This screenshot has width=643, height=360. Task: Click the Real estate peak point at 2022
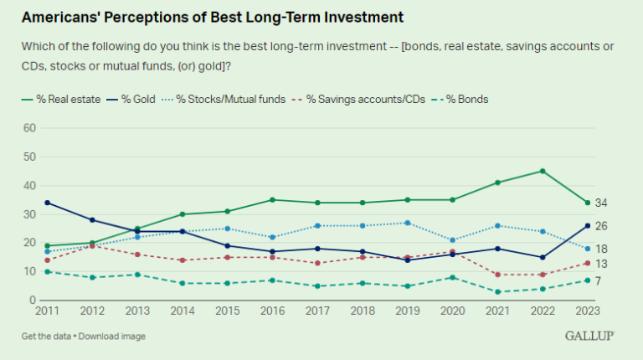pos(543,171)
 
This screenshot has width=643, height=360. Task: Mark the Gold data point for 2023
pos(587,225)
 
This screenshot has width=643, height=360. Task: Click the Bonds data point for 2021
pos(499,291)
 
